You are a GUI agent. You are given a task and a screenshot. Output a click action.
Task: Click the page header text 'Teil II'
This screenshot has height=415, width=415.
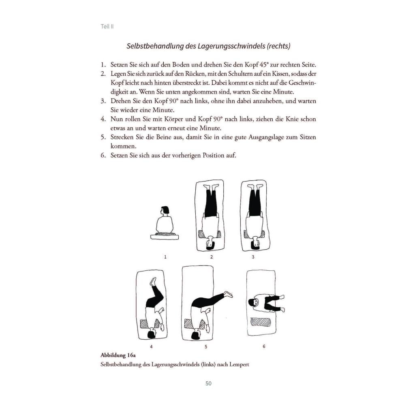pos(107,26)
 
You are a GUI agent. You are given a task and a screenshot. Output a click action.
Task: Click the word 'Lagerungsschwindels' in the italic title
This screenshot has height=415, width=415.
pos(231,46)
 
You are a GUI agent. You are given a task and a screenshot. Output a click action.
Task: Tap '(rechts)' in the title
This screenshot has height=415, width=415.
pos(278,46)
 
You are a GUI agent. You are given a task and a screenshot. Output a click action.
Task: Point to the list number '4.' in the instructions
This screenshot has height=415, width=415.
pos(103,119)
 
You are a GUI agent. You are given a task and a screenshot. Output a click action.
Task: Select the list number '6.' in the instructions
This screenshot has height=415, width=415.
pos(103,155)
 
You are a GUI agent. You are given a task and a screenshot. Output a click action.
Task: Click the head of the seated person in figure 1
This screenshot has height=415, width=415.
pos(164,211)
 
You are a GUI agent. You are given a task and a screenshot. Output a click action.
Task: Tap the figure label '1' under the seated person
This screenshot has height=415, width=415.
pos(165,257)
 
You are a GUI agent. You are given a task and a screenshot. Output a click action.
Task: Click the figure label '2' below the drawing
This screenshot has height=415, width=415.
pos(212,257)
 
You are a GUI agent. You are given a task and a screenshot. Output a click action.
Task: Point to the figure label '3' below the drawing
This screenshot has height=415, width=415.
pos(253,257)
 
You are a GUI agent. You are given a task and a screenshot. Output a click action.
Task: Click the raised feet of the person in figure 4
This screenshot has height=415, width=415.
pos(153,282)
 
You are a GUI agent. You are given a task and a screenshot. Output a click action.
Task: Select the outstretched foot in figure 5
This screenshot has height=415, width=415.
pos(228,294)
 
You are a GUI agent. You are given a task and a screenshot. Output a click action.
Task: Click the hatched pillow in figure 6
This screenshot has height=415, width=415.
pos(261,322)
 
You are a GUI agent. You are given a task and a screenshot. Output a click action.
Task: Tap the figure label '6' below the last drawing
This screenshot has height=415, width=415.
pos(264,347)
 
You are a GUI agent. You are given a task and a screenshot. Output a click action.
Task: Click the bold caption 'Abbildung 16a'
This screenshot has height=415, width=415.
pos(118,355)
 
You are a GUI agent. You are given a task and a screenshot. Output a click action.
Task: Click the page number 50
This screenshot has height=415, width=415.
pos(209,383)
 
